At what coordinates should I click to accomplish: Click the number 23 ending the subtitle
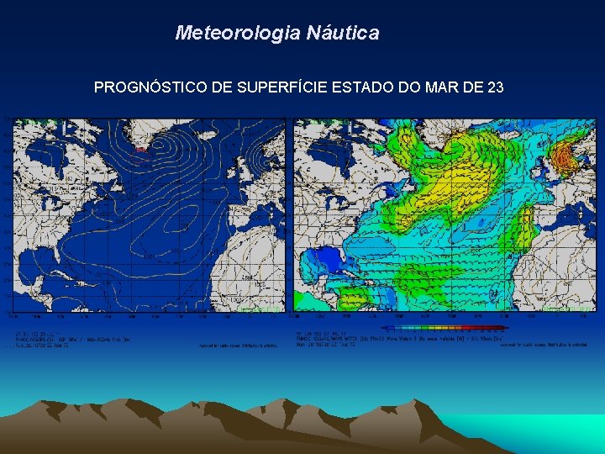coord(495,87)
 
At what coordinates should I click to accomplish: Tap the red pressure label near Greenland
coord(140,150)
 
